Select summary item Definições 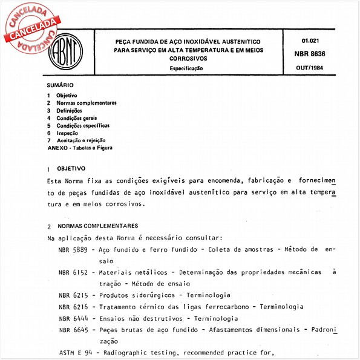click(x=69, y=111)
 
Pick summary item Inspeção click(x=68, y=133)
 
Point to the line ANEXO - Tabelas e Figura click(x=80, y=147)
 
